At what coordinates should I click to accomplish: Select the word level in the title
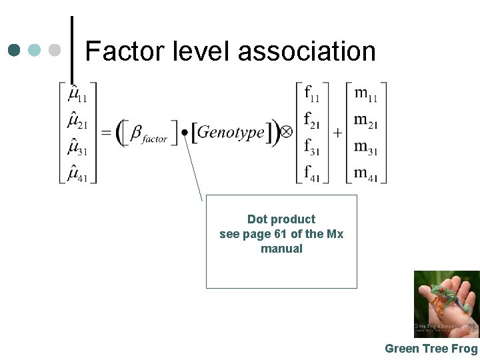[x=197, y=51]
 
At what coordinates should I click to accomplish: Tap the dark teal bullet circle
[x=15, y=50]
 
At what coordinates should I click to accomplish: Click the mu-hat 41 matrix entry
[x=77, y=173]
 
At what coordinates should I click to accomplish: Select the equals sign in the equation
[x=106, y=133]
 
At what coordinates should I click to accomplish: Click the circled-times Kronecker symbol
[x=285, y=132]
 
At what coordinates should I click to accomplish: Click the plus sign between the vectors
[x=337, y=133]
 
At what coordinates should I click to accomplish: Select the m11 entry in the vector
[x=365, y=93]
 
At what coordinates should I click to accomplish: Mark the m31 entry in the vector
[x=365, y=147]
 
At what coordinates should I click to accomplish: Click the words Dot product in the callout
[x=281, y=219]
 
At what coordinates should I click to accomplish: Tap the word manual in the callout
[x=281, y=249]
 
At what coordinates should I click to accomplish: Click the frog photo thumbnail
[x=446, y=304]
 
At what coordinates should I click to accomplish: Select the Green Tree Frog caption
[x=431, y=349]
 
